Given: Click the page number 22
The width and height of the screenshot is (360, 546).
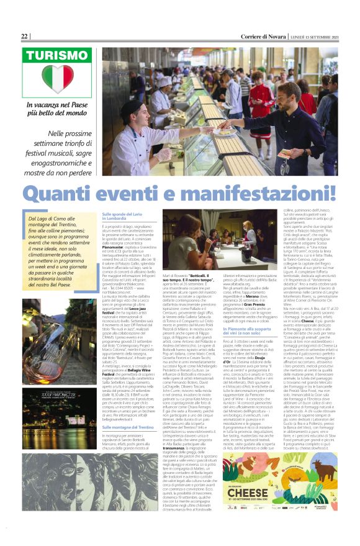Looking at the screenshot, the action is tap(25, 37).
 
